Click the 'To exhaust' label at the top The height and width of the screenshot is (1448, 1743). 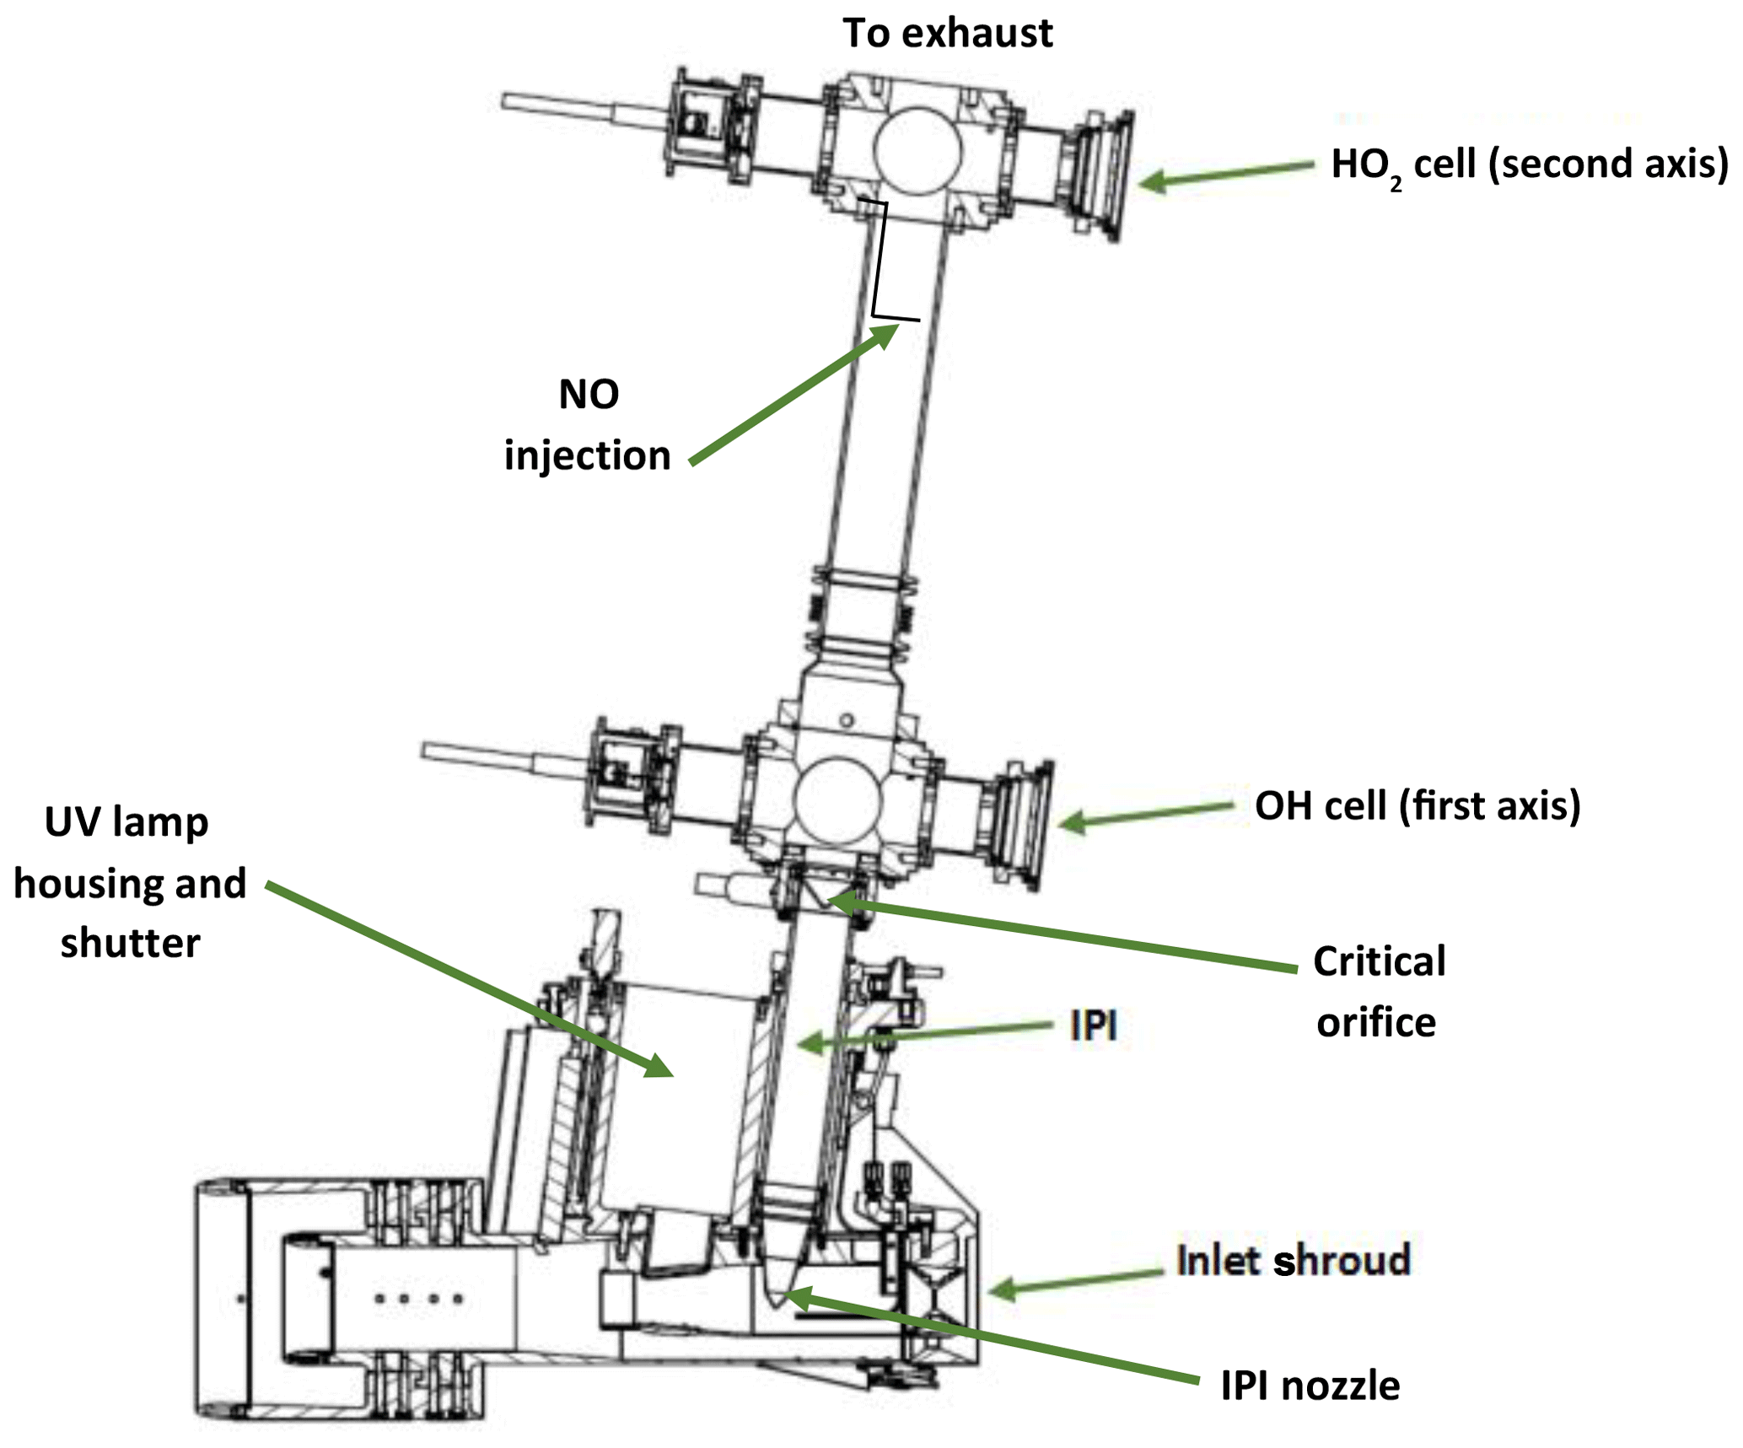pos(947,34)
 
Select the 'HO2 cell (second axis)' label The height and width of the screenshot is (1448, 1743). pos(1529,165)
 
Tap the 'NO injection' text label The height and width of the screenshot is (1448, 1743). pos(588,425)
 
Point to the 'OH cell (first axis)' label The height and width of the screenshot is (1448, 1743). pos(1417,806)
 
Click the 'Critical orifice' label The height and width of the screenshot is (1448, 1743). pos(1378,992)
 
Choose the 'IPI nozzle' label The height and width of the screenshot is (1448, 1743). pos(1310,1386)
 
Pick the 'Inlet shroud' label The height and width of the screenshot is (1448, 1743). pos(1293,1262)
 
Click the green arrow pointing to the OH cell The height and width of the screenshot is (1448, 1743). pos(1147,816)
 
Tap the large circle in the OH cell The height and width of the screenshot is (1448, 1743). pos(837,801)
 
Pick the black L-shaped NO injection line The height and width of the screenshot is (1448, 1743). pos(880,261)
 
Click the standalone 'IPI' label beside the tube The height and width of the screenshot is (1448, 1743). pos(1093,1026)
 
